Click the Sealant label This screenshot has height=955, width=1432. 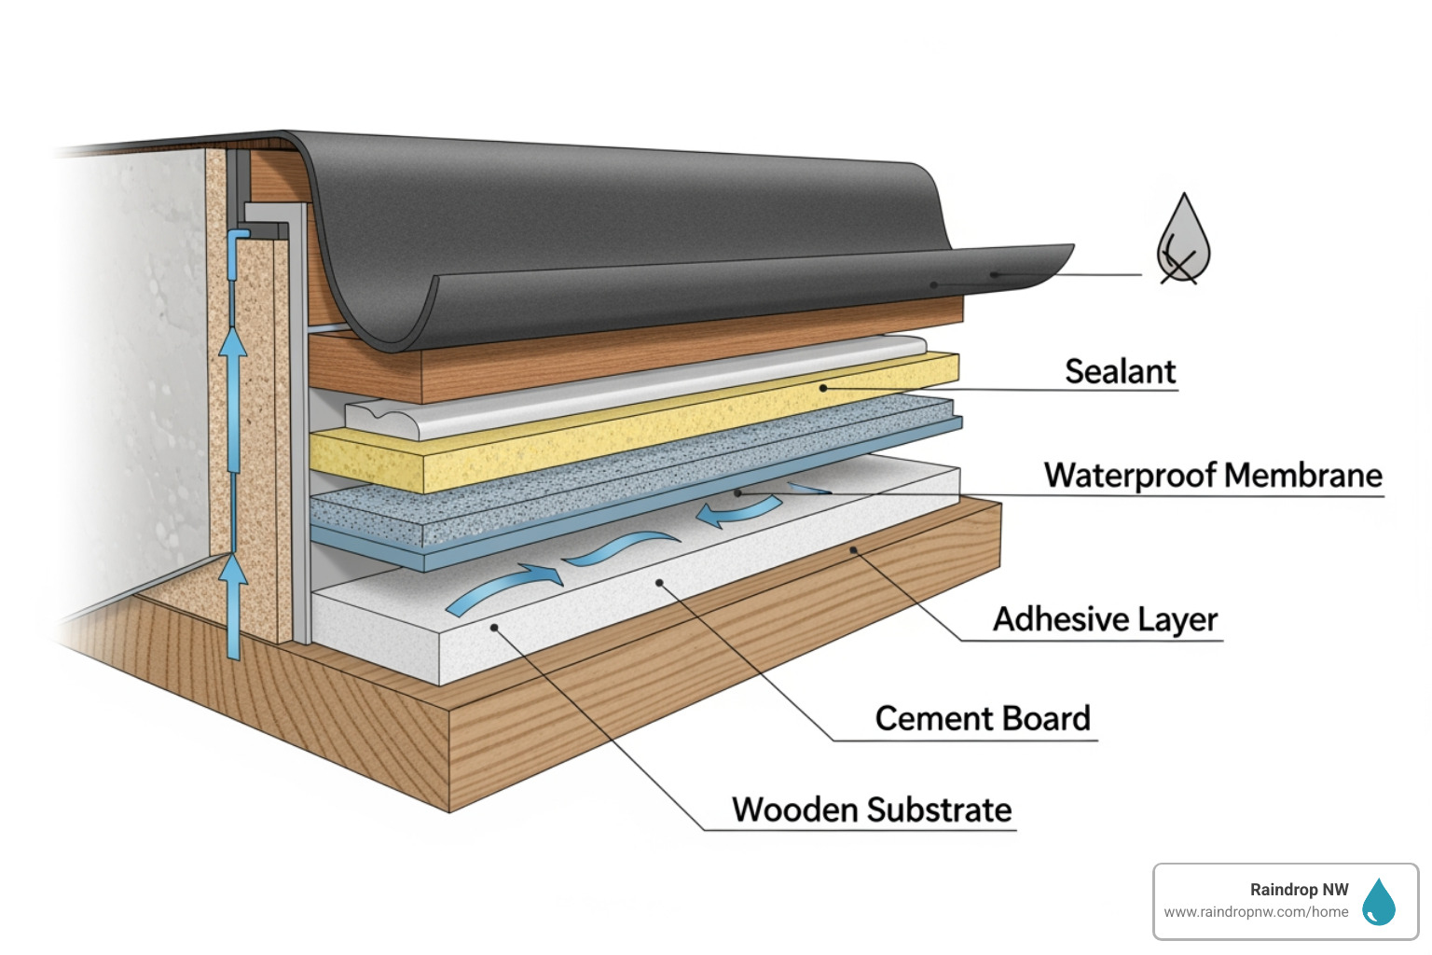coord(1120,371)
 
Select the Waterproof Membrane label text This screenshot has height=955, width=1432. coord(1213,475)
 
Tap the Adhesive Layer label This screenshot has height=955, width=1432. coord(1105,619)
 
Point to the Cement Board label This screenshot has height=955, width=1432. coord(983,718)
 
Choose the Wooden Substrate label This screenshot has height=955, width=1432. coord(872,810)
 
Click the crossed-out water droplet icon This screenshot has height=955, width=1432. coord(1183,241)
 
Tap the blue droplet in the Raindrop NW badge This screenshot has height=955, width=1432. coord(1378,902)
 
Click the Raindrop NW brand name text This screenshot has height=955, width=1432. coord(1299,890)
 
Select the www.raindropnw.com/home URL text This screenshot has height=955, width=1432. coord(1256,912)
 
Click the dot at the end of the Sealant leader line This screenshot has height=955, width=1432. coord(823,388)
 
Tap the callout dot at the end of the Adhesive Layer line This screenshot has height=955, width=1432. coord(853,550)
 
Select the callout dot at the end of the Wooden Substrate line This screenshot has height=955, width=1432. coord(495,628)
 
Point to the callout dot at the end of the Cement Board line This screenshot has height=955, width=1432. coord(659,583)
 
